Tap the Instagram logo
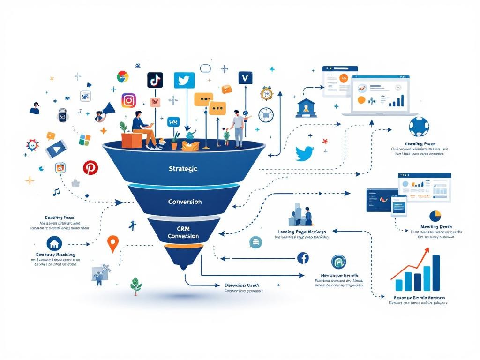point(128,100)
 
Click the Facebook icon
point(303,257)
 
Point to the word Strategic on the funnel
point(183,168)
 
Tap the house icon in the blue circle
point(55,243)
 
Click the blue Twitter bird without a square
point(304,153)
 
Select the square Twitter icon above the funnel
point(184,80)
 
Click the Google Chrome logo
point(123,76)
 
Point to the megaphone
point(107,110)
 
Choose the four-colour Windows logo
point(84,140)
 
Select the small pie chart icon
point(435,216)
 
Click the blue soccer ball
point(418,127)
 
